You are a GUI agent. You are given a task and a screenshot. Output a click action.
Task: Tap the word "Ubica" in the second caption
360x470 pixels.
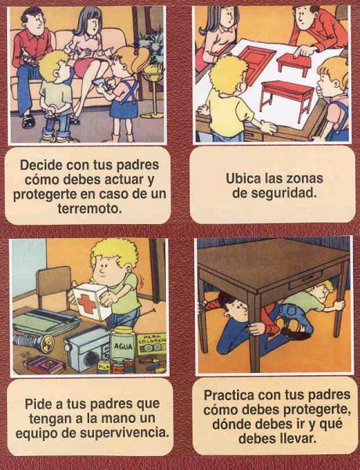point(243,179)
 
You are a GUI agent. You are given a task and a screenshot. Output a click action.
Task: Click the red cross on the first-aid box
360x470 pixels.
point(87,303)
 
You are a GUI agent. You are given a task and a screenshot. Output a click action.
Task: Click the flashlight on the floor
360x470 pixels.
point(34,342)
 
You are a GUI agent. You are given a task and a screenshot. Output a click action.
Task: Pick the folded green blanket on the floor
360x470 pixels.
point(45,321)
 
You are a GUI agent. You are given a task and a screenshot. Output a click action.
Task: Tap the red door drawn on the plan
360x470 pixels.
point(258,63)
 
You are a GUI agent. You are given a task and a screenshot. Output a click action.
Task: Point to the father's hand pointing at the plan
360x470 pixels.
point(303,51)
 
